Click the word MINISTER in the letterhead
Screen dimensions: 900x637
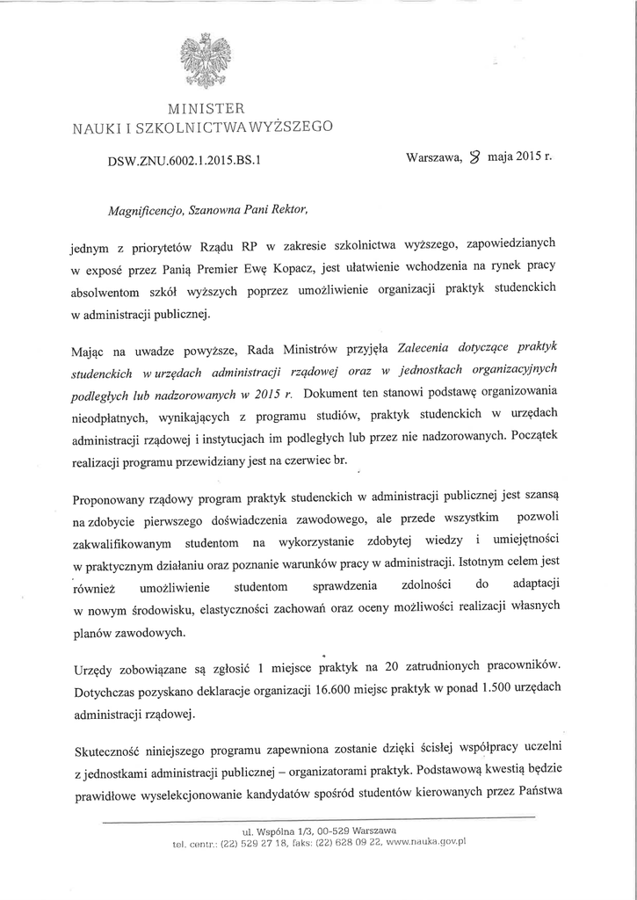(x=203, y=110)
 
